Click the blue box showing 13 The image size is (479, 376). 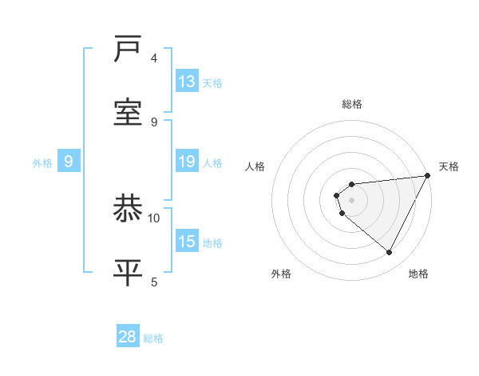pos(187,81)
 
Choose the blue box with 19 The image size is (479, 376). pos(187,162)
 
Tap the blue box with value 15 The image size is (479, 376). pos(187,242)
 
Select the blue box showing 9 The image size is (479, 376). pos(69,162)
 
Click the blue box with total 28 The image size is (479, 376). pos(128,337)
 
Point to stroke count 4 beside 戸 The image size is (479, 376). pos(154,58)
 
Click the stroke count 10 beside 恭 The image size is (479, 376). pos(154,218)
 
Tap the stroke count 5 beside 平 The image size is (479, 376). pos(154,281)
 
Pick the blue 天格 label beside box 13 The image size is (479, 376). pos(212,82)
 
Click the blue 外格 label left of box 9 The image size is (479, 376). pos(42,163)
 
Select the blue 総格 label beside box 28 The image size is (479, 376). pos(153,338)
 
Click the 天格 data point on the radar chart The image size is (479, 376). pos(427,176)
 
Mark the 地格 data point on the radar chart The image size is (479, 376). pos(390,253)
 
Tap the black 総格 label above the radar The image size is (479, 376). pos(352,104)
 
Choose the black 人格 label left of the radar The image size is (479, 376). pos(255,166)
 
